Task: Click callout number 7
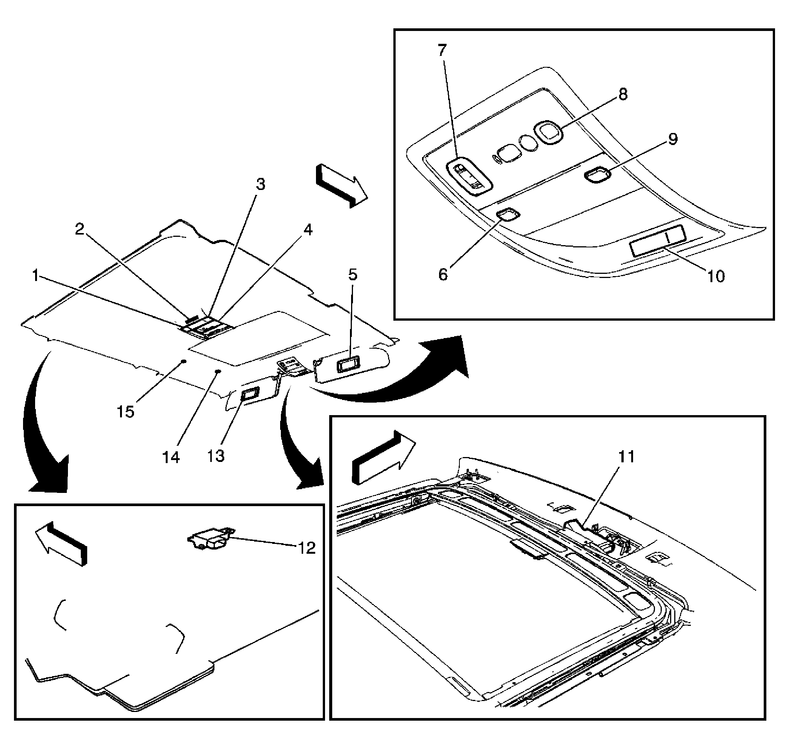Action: tap(442, 51)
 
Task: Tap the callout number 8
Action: tap(623, 94)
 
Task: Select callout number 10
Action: tap(715, 276)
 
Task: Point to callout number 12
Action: tap(307, 548)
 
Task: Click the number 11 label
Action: tap(626, 456)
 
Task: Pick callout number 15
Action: tap(125, 411)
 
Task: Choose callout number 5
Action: tap(352, 275)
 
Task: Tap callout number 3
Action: tap(260, 184)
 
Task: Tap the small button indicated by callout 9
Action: tap(598, 175)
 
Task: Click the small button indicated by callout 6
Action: tap(508, 215)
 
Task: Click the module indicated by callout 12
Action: tap(211, 539)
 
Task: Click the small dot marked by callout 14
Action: tap(218, 372)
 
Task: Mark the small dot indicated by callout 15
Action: tap(183, 361)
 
